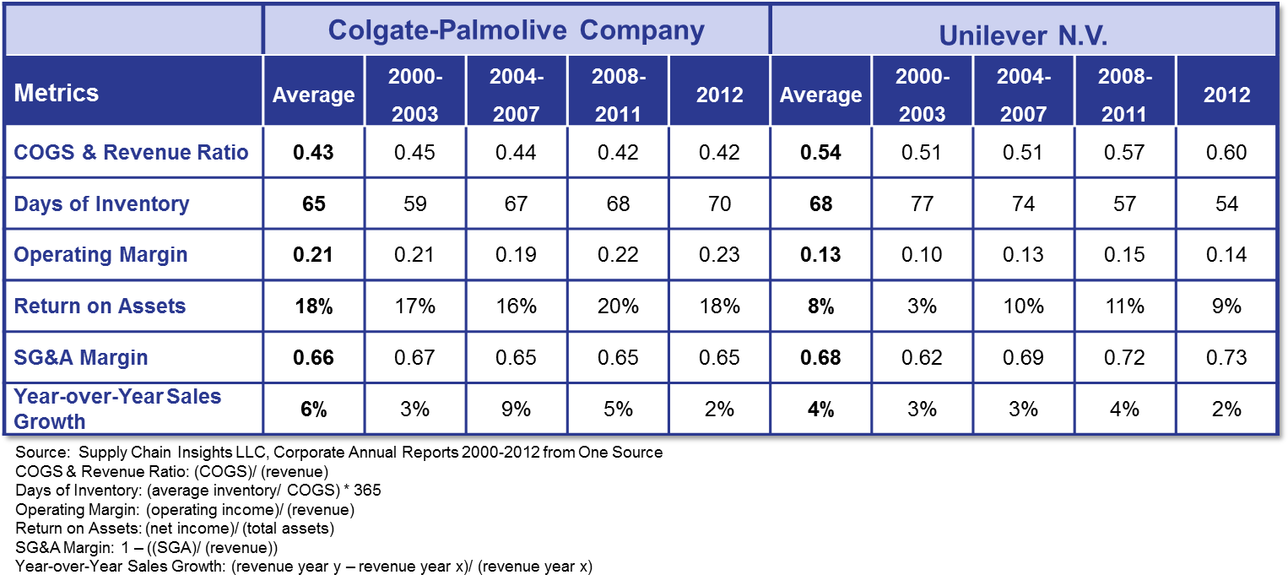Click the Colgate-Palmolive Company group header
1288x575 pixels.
click(x=516, y=30)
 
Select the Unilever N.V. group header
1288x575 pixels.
click(x=1023, y=35)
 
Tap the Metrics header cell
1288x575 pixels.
click(x=57, y=93)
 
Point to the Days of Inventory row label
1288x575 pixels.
click(x=102, y=204)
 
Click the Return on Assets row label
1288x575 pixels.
click(x=100, y=306)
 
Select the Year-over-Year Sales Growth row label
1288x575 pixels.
click(x=117, y=409)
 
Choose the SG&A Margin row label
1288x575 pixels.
click(x=81, y=357)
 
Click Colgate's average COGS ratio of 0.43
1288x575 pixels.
click(x=313, y=153)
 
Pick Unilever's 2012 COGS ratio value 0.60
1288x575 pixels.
click(x=1226, y=153)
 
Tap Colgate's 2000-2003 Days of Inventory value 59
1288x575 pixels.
click(x=415, y=204)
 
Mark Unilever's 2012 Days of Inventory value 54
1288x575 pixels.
click(x=1226, y=204)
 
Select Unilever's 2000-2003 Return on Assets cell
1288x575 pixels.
click(x=922, y=306)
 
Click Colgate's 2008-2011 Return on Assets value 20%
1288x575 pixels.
click(x=618, y=306)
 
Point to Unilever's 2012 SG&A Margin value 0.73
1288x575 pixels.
click(x=1226, y=357)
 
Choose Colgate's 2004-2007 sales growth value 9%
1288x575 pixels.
click(x=517, y=409)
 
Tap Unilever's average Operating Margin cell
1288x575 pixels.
click(x=820, y=255)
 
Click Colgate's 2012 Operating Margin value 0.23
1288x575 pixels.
click(x=719, y=255)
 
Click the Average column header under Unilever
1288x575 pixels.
click(x=820, y=95)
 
